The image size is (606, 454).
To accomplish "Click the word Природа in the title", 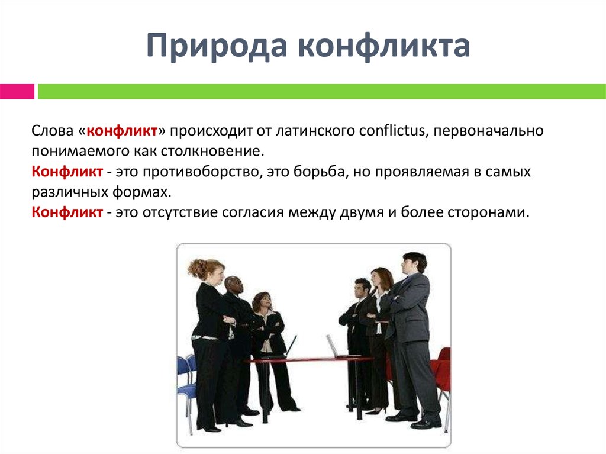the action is [x=217, y=46].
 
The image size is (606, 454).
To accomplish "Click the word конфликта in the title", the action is [x=385, y=46].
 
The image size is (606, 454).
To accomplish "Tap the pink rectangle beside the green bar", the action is [x=17, y=92].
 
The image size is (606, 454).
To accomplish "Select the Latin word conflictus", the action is [x=393, y=131].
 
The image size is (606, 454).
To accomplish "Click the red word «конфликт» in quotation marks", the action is [x=122, y=131].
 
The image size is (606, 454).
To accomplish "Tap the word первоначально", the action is [x=488, y=131].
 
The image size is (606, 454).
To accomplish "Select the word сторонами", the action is [x=488, y=212].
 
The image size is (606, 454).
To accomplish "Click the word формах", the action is [x=142, y=192].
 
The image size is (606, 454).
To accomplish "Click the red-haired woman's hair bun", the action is [x=196, y=268].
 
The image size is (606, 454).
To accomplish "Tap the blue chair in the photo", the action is [x=187, y=383].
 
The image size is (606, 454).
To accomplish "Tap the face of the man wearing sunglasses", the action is [x=235, y=286].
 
